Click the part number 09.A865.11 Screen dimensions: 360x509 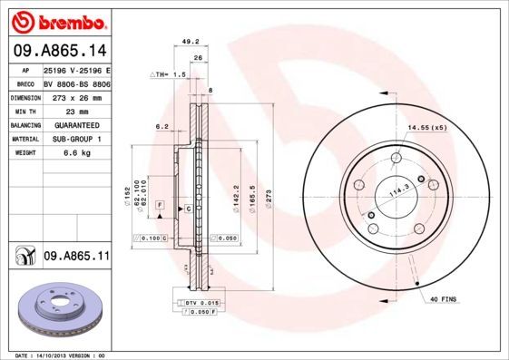click(x=75, y=258)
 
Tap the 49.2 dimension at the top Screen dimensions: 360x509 click(x=191, y=41)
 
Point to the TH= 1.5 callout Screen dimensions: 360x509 click(x=169, y=74)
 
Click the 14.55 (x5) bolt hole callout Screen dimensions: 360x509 click(x=427, y=128)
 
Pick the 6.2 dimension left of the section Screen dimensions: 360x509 click(x=162, y=127)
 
